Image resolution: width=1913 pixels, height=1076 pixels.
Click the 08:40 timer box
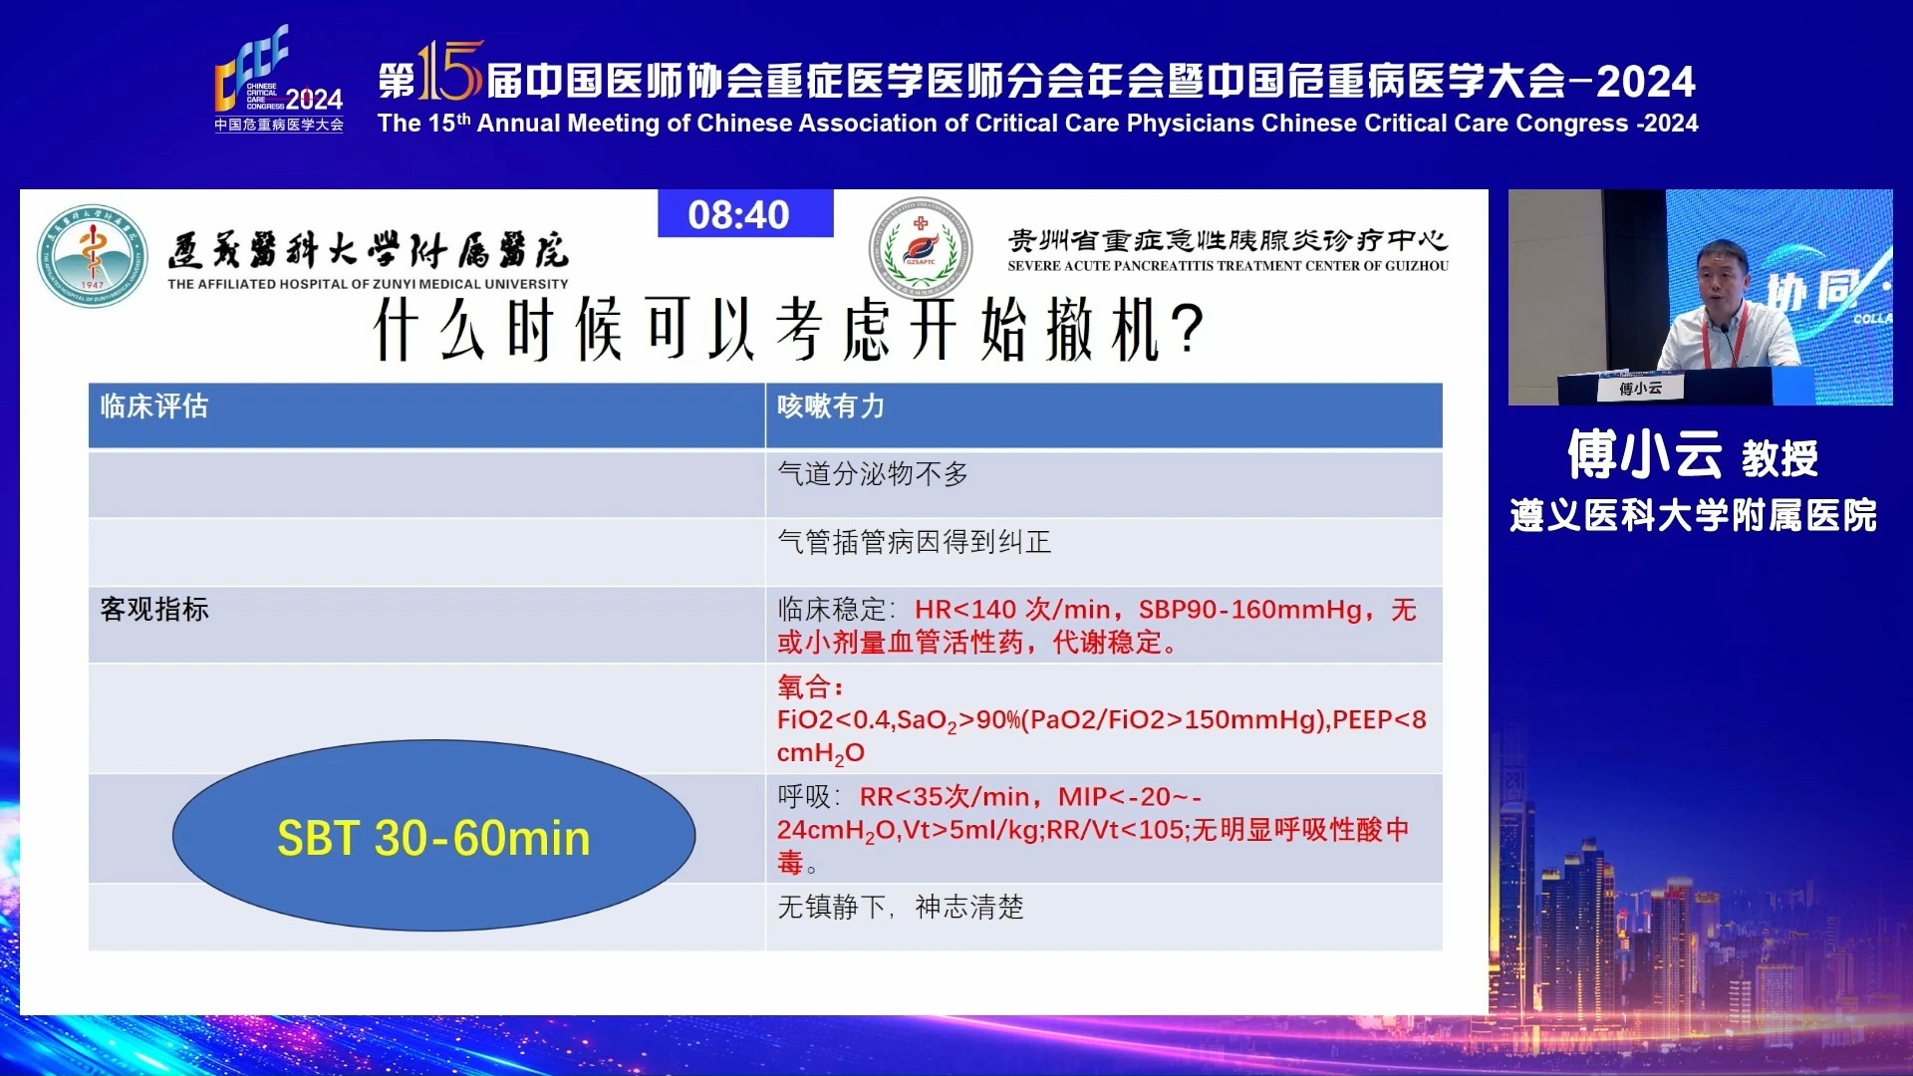pyautogui.click(x=744, y=214)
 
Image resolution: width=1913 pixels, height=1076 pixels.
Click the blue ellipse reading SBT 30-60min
pyautogui.click(x=433, y=836)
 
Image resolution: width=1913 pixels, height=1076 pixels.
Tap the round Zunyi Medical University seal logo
pyautogui.click(x=93, y=255)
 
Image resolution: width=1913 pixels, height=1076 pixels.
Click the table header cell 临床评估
pyautogui.click(x=154, y=406)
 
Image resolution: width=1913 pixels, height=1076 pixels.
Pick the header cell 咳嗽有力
pyautogui.click(x=830, y=406)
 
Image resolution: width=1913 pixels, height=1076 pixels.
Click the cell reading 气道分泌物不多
pyautogui.click(x=872, y=474)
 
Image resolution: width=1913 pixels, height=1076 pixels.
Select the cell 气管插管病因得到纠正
pyautogui.click(x=914, y=542)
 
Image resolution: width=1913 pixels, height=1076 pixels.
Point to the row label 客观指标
pyautogui.click(x=154, y=610)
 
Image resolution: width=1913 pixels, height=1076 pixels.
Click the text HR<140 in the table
pyautogui.click(x=964, y=610)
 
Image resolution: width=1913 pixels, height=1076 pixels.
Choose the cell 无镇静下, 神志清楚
pyautogui.click(x=900, y=907)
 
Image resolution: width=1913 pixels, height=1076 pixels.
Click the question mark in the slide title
pyautogui.click(x=1188, y=330)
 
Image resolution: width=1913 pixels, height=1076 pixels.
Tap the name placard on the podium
pyautogui.click(x=1640, y=388)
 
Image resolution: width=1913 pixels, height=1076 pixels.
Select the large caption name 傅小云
pyautogui.click(x=1644, y=455)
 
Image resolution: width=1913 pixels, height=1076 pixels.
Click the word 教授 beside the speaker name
pyautogui.click(x=1779, y=459)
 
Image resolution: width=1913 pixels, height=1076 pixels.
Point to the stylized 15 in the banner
pyautogui.click(x=449, y=72)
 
